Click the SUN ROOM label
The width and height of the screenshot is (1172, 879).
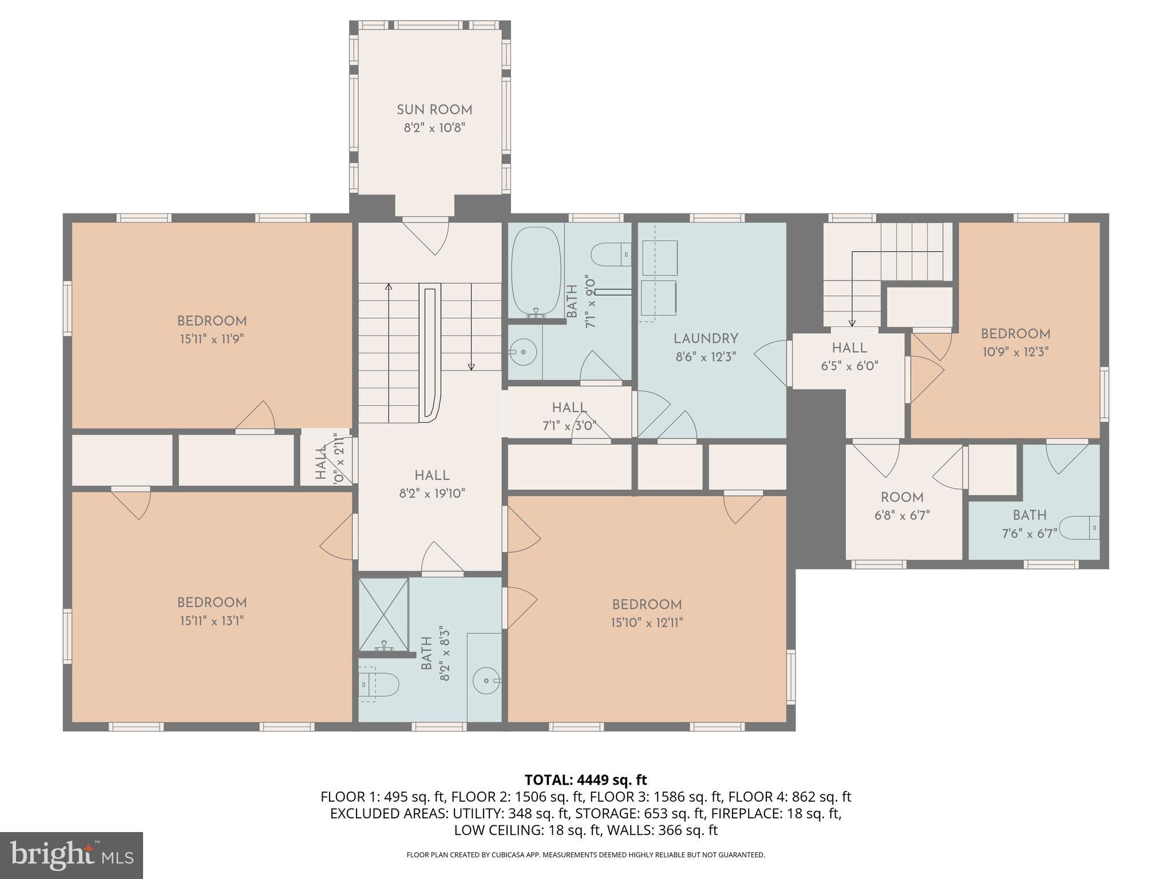pos(434,110)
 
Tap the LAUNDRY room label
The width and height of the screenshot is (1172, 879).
pos(706,339)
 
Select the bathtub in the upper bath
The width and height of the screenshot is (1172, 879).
pos(536,271)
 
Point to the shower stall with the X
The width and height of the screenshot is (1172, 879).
pos(384,615)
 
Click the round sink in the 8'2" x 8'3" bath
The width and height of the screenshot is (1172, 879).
pos(486,680)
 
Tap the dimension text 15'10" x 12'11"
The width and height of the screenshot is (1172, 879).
pos(647,622)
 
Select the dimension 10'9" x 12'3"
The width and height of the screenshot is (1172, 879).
pos(1015,352)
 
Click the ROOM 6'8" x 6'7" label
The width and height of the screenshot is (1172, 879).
pos(902,497)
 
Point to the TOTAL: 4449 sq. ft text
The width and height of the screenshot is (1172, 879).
pos(585,779)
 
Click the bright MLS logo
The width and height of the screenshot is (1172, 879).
pos(72,856)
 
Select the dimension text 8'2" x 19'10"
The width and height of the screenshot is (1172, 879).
pos(432,493)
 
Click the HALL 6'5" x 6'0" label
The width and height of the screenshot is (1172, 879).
pos(849,348)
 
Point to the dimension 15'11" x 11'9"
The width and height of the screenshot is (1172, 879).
pos(212,339)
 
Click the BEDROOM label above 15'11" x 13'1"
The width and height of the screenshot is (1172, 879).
pos(212,603)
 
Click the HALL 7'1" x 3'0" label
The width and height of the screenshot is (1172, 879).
pos(569,408)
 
